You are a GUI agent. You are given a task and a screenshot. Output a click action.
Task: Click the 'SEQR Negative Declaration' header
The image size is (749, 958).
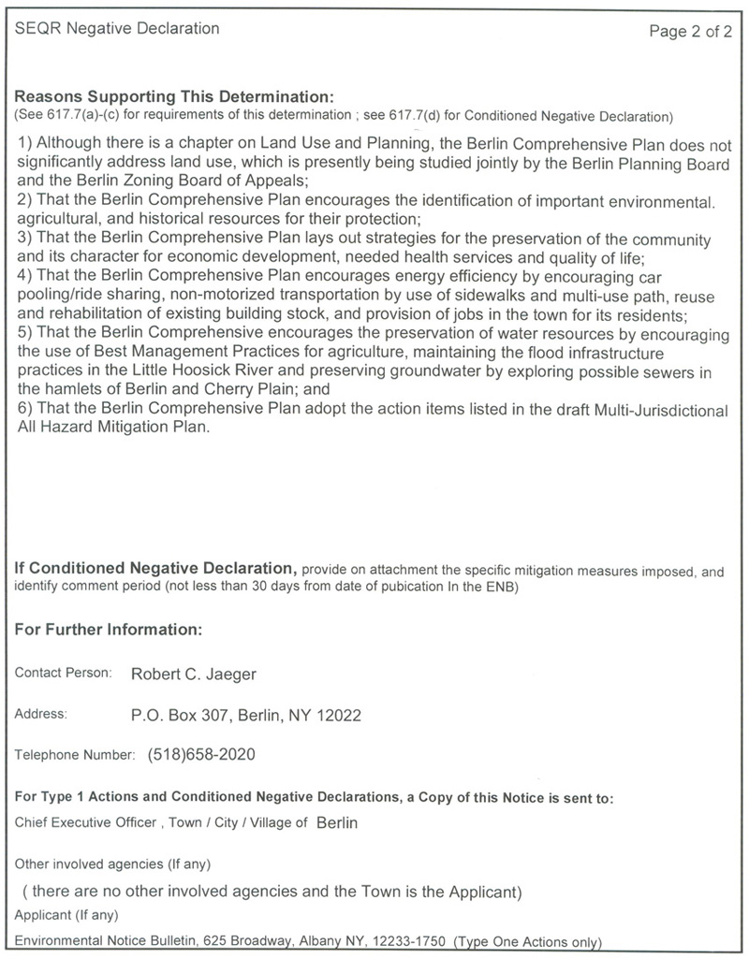(x=118, y=29)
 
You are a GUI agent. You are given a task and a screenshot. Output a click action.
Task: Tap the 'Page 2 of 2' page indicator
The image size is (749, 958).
(x=691, y=32)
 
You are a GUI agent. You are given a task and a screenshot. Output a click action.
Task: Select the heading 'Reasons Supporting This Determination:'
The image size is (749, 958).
(x=174, y=97)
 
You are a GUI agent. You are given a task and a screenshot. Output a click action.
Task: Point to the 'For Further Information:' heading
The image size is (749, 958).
(x=109, y=630)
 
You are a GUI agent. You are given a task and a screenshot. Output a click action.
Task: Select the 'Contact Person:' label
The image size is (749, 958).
(x=64, y=673)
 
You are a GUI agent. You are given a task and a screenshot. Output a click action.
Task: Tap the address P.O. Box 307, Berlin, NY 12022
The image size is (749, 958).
(x=246, y=716)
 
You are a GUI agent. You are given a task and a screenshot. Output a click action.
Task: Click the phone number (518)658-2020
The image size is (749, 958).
(x=201, y=754)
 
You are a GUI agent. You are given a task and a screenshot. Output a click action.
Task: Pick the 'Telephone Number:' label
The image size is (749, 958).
(x=76, y=754)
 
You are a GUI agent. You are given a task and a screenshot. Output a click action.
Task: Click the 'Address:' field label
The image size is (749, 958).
(x=41, y=715)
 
